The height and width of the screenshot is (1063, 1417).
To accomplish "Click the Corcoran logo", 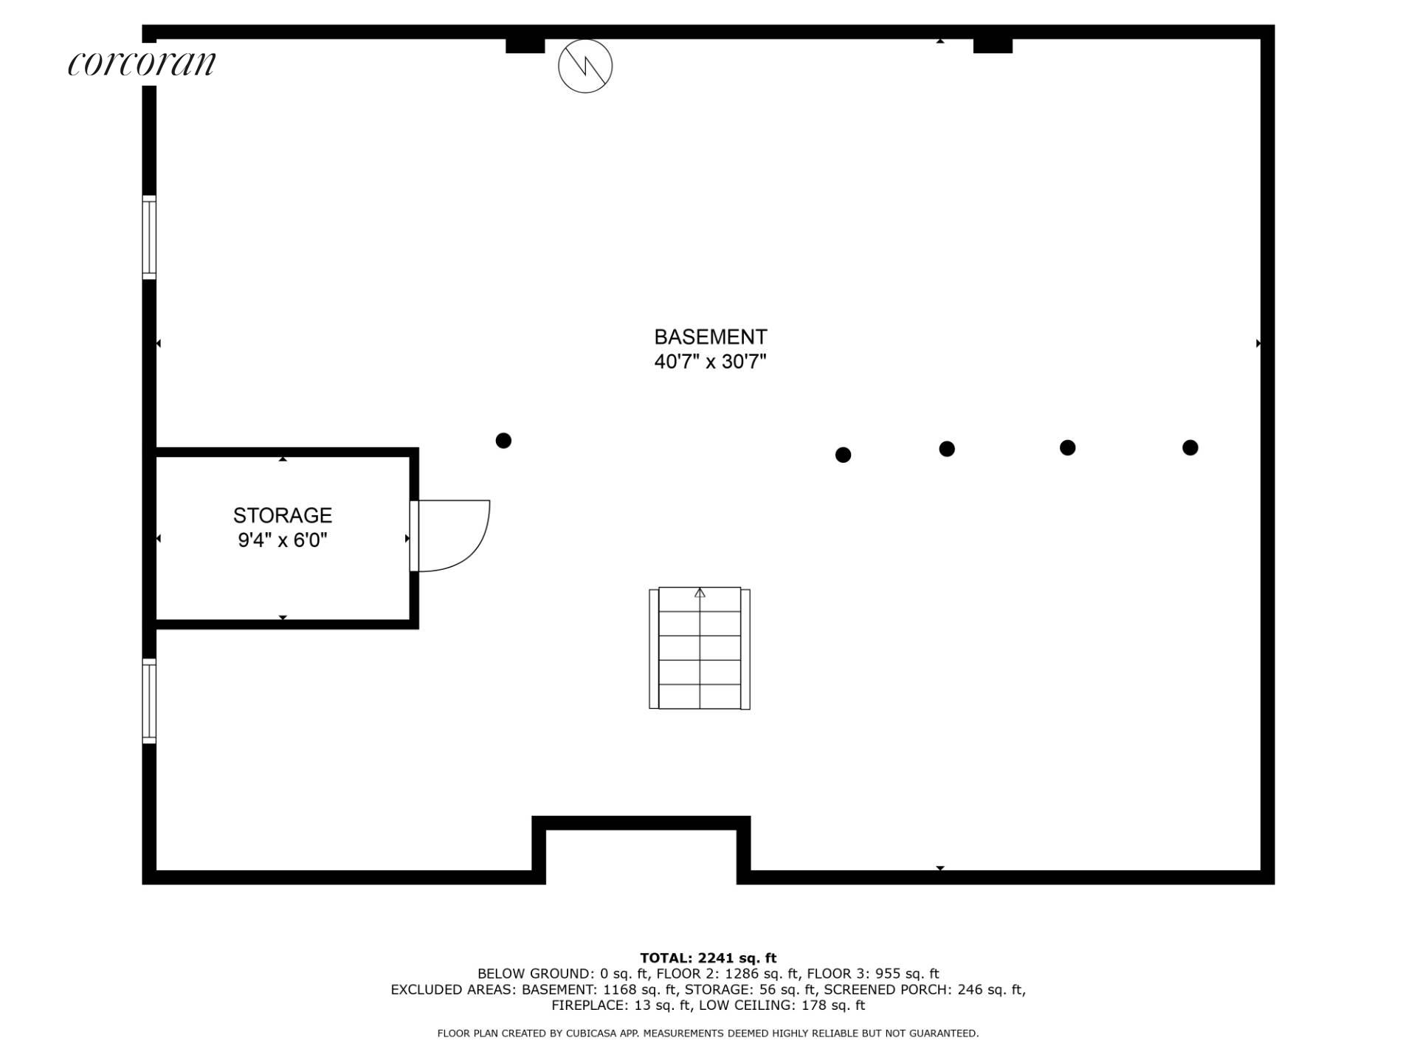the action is (x=142, y=63).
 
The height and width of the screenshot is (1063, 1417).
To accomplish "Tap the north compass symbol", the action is (x=585, y=66).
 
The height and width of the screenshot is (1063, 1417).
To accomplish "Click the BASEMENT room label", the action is (x=711, y=337).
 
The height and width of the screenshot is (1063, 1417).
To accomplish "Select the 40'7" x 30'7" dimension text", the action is (x=711, y=362).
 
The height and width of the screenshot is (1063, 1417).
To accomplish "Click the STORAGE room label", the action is (x=283, y=515).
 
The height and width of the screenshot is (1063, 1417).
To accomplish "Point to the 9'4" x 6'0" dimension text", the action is (x=283, y=540).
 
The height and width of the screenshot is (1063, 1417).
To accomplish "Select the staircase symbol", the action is (x=700, y=649).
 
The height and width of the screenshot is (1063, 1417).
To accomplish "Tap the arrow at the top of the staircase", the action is (x=700, y=593).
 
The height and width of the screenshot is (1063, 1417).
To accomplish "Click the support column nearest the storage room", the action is (x=503, y=441).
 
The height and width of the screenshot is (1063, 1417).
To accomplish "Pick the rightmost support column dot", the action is (x=1190, y=447).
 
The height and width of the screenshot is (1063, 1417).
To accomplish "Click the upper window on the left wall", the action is (x=149, y=238).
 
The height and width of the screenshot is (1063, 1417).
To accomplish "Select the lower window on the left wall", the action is (x=149, y=701).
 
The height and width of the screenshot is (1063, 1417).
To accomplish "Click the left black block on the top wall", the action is (x=525, y=46).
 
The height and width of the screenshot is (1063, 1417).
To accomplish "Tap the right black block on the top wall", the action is (x=993, y=46).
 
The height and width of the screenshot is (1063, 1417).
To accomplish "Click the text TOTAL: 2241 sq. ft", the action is (x=708, y=958).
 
